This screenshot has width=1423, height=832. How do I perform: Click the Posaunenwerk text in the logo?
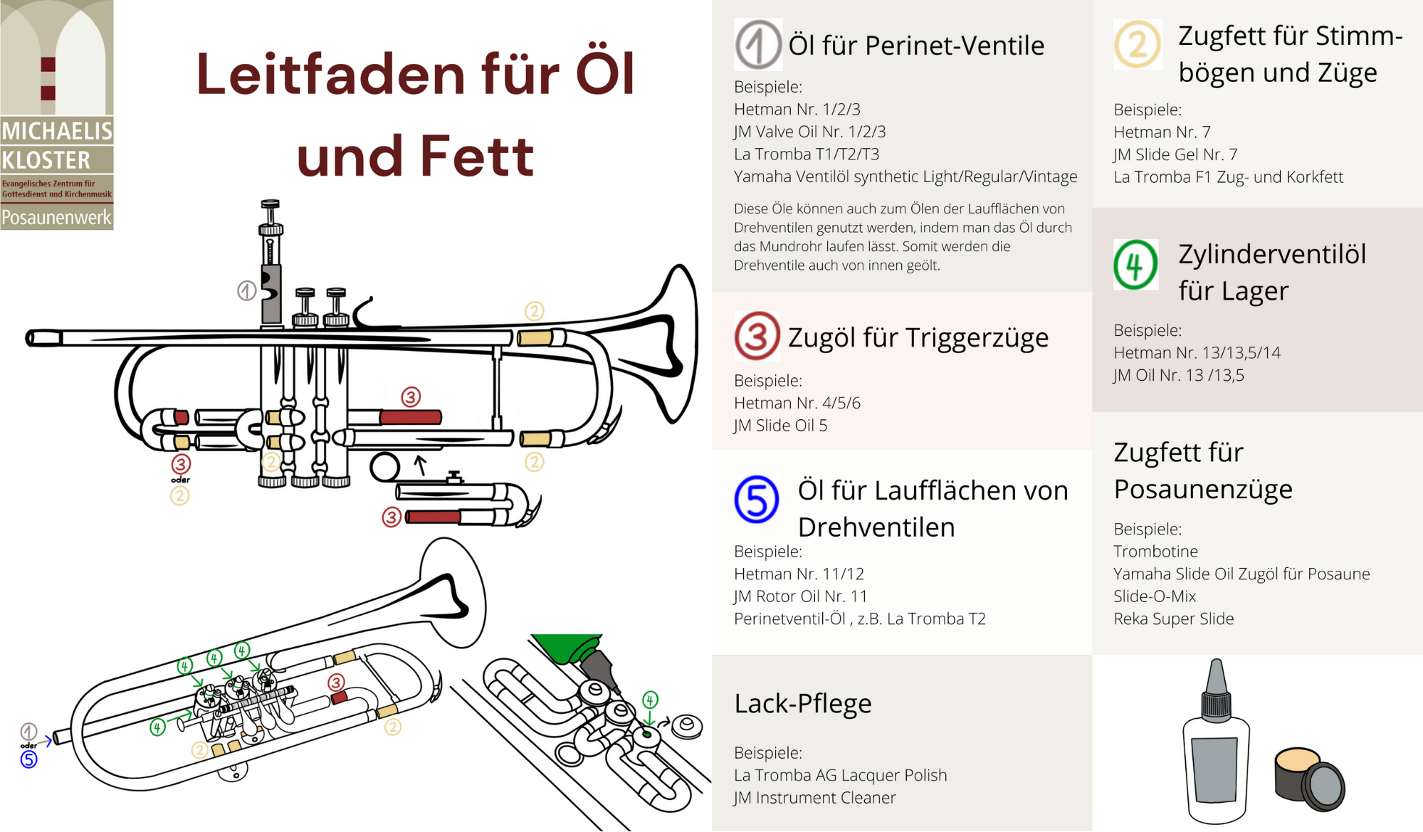click(x=56, y=218)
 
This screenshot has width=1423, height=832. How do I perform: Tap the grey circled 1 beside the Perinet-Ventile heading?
click(x=758, y=44)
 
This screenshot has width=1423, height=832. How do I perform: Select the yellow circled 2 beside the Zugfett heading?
click(x=1138, y=44)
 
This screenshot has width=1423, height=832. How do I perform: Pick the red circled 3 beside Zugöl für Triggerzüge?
click(x=757, y=336)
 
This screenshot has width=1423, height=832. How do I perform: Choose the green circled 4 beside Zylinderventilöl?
click(x=1135, y=264)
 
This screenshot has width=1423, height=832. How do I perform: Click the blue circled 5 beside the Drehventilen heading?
click(x=756, y=499)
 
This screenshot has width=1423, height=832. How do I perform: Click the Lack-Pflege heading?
click(x=803, y=703)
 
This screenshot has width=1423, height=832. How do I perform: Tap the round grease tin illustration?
click(x=1308, y=779)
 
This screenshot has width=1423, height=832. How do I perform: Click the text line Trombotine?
click(x=1155, y=551)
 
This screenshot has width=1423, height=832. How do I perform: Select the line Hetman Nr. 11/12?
click(x=799, y=574)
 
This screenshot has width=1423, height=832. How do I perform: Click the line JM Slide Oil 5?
click(x=780, y=426)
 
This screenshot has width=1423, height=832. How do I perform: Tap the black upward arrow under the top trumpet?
click(x=421, y=465)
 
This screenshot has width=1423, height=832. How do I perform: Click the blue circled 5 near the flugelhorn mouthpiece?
click(x=28, y=759)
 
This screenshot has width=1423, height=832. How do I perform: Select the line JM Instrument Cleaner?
click(x=815, y=798)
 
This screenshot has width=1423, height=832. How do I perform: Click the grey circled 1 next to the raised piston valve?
click(x=246, y=290)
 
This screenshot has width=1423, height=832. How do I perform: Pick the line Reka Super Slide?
click(x=1174, y=618)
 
